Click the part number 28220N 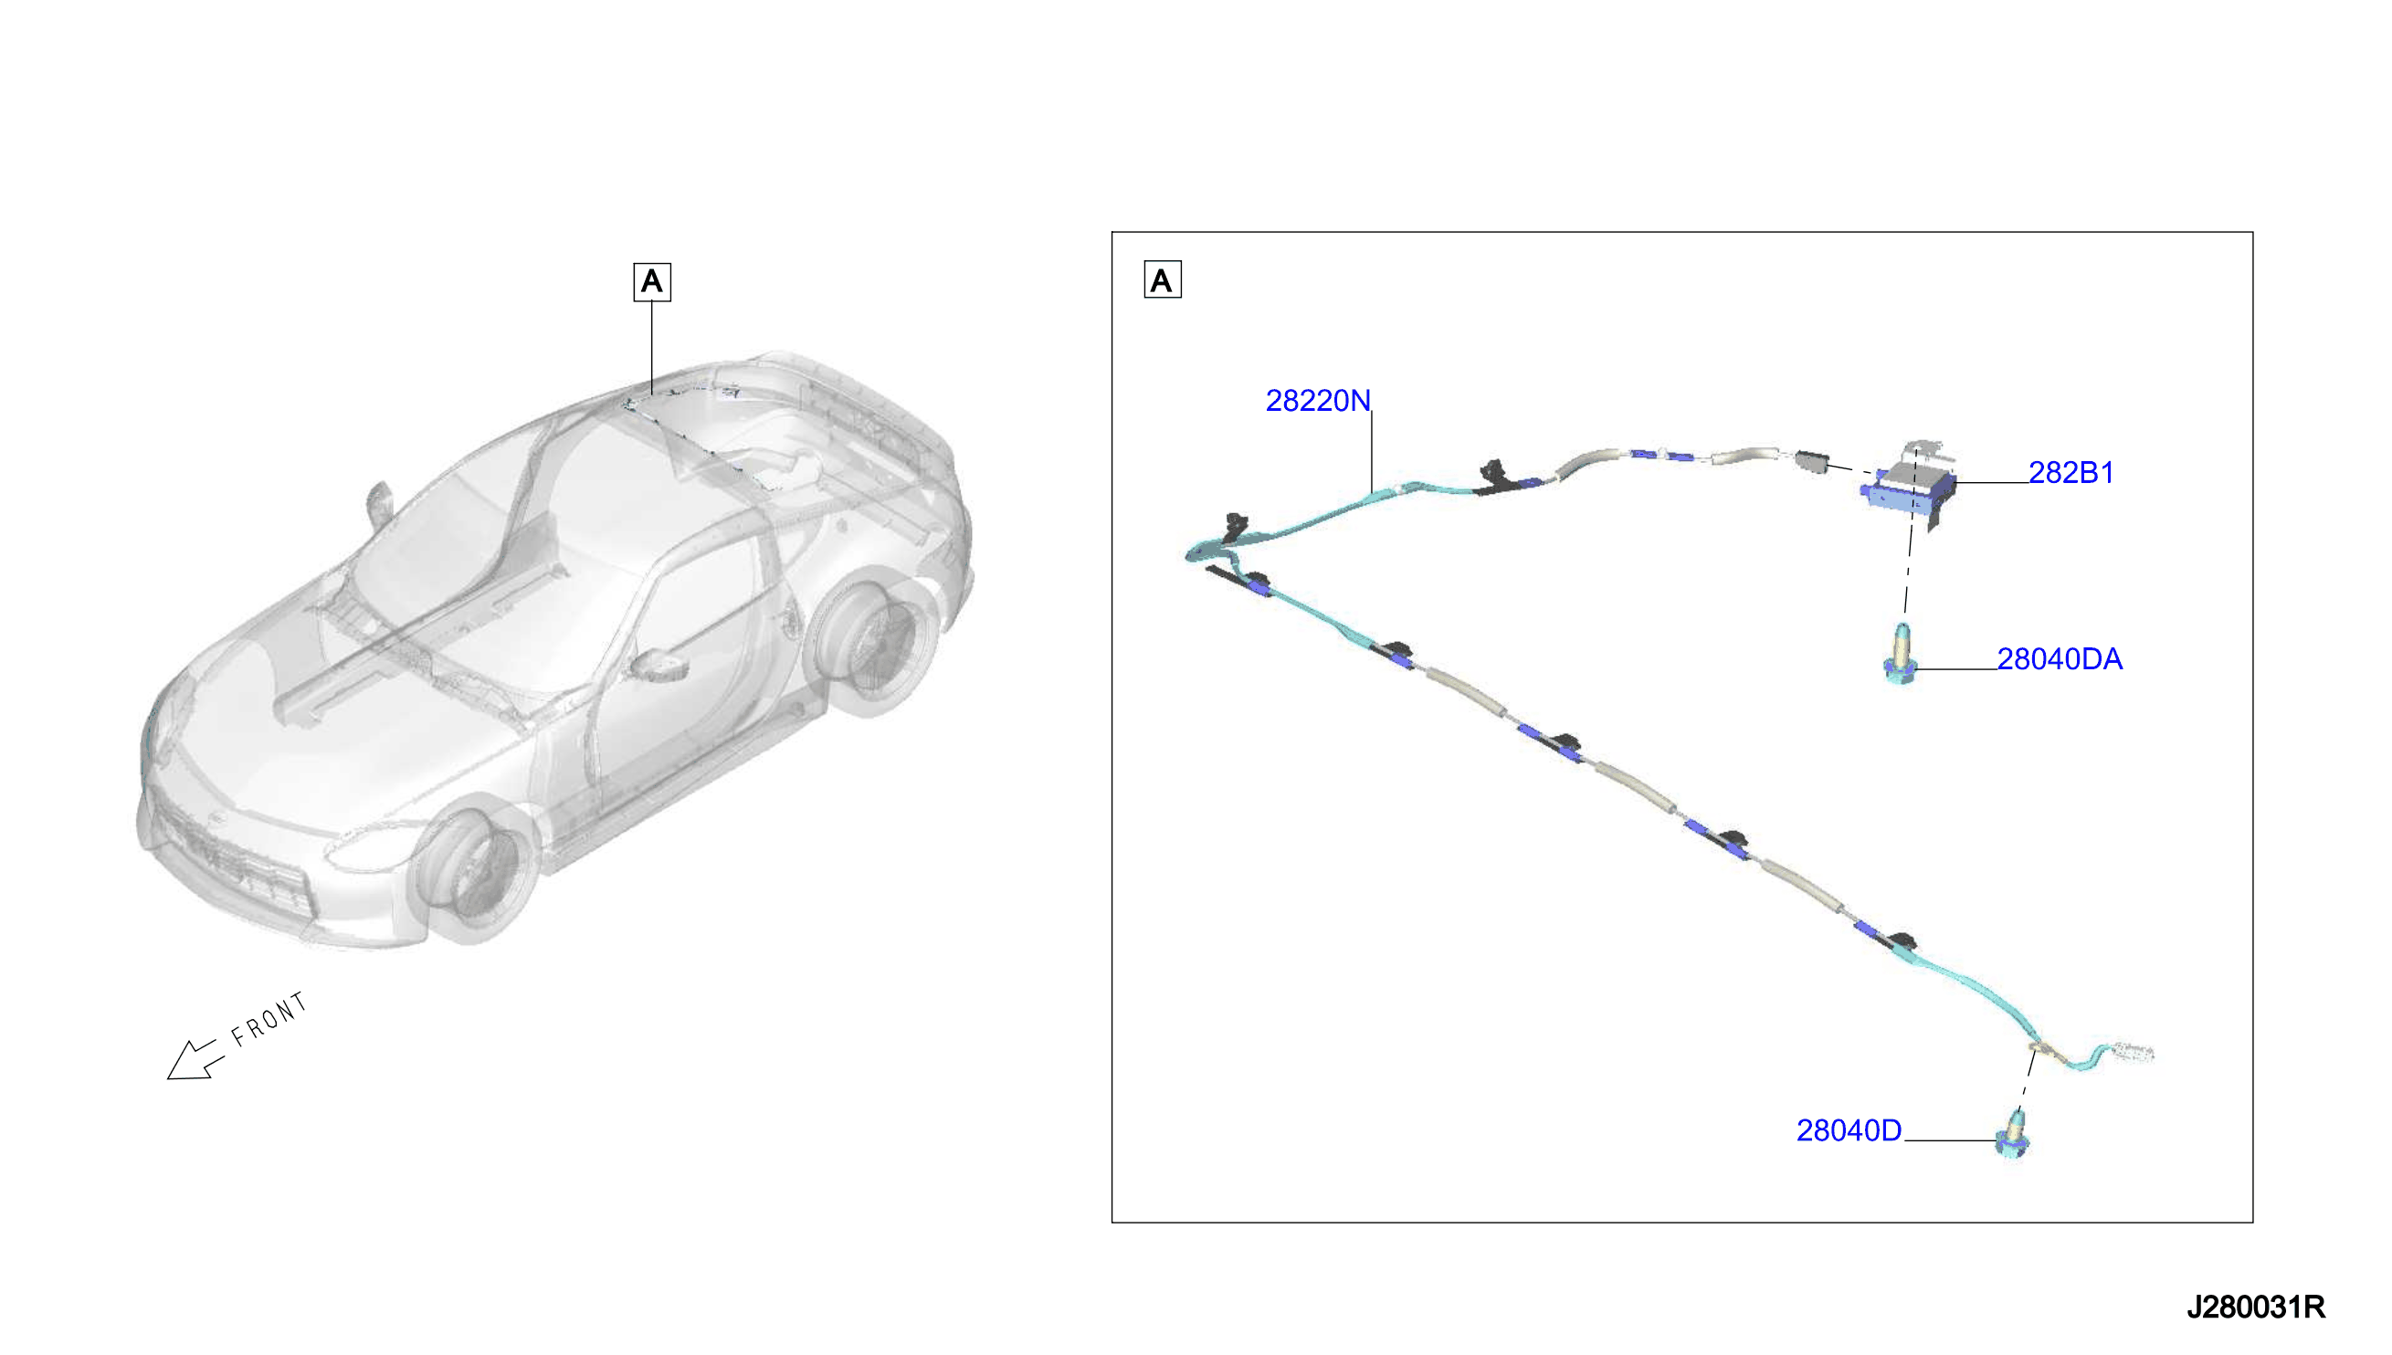1317,400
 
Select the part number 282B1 2071,473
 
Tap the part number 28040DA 2060,659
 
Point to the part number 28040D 1849,1129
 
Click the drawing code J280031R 2255,1308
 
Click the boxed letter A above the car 651,281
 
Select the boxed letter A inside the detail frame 1163,280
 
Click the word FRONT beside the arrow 269,1019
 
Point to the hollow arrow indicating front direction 195,1060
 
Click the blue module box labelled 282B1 1908,488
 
